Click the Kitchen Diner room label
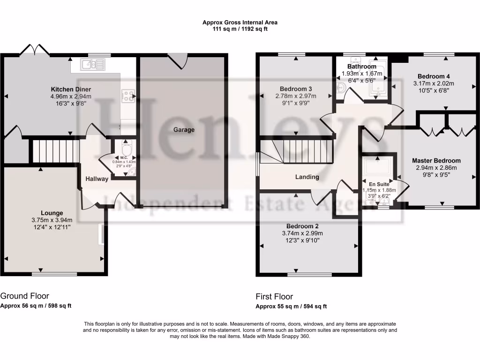pyautogui.click(x=71, y=89)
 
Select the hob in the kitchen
pyautogui.click(x=128, y=96)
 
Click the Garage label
pyautogui.click(x=184, y=130)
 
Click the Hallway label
pyautogui.click(x=97, y=179)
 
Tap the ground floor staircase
pyautogui.click(x=53, y=150)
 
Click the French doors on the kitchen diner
pyautogui.click(x=35, y=50)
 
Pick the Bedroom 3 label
pyautogui.click(x=296, y=89)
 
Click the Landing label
pyautogui.click(x=307, y=177)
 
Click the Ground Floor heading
pyautogui.click(x=24, y=296)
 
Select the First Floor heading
pyautogui.click(x=274, y=296)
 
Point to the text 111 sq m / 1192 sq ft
pyautogui.click(x=240, y=29)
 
